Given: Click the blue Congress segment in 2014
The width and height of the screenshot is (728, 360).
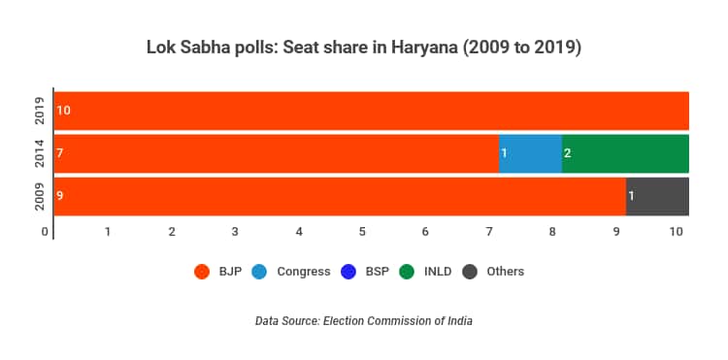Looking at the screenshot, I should coord(530,153).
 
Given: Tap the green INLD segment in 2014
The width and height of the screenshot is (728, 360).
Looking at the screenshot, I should coord(625,153).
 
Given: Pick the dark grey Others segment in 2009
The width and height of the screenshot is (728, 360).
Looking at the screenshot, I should coord(657,196).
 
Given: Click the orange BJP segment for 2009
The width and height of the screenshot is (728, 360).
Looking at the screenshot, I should coord(340,196).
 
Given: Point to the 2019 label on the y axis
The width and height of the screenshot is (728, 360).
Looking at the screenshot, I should coord(40,111).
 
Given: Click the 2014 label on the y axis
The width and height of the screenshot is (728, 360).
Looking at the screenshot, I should coord(40,153).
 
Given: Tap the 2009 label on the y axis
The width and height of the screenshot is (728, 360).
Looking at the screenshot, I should coord(40,196).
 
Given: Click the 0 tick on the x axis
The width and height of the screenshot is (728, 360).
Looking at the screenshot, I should coord(45,232).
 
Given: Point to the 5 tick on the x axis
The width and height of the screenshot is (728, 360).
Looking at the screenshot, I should coord(362,232).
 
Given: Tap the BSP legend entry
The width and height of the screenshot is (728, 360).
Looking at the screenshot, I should coord(366,272).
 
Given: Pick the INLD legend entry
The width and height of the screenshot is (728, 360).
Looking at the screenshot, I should coord(426,272).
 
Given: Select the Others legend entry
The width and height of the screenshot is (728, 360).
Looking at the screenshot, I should coord(494,272).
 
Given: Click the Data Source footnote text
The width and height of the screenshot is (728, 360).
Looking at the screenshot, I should coord(363,320).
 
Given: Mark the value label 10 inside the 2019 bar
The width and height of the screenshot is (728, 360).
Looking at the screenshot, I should coord(63,111).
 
